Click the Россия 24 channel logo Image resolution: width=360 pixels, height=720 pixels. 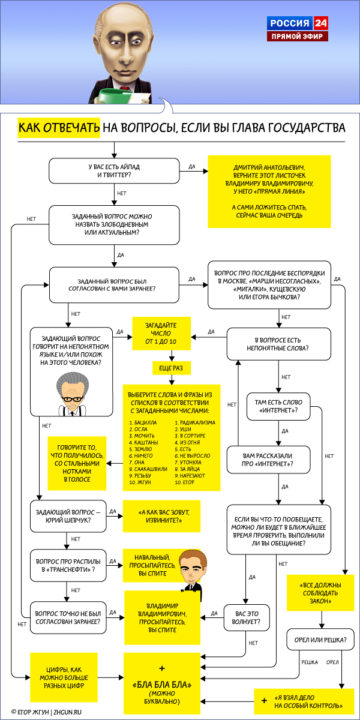298,24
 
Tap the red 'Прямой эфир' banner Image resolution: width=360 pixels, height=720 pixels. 298,37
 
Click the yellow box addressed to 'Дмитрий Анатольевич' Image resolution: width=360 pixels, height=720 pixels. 269,191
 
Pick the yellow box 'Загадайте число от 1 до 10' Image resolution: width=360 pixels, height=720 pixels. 161,333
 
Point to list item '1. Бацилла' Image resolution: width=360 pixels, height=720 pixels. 143,422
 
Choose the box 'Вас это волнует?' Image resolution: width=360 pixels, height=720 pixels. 246,617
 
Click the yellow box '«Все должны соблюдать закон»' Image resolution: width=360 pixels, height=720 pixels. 320,592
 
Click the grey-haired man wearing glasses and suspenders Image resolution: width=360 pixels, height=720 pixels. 71,396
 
